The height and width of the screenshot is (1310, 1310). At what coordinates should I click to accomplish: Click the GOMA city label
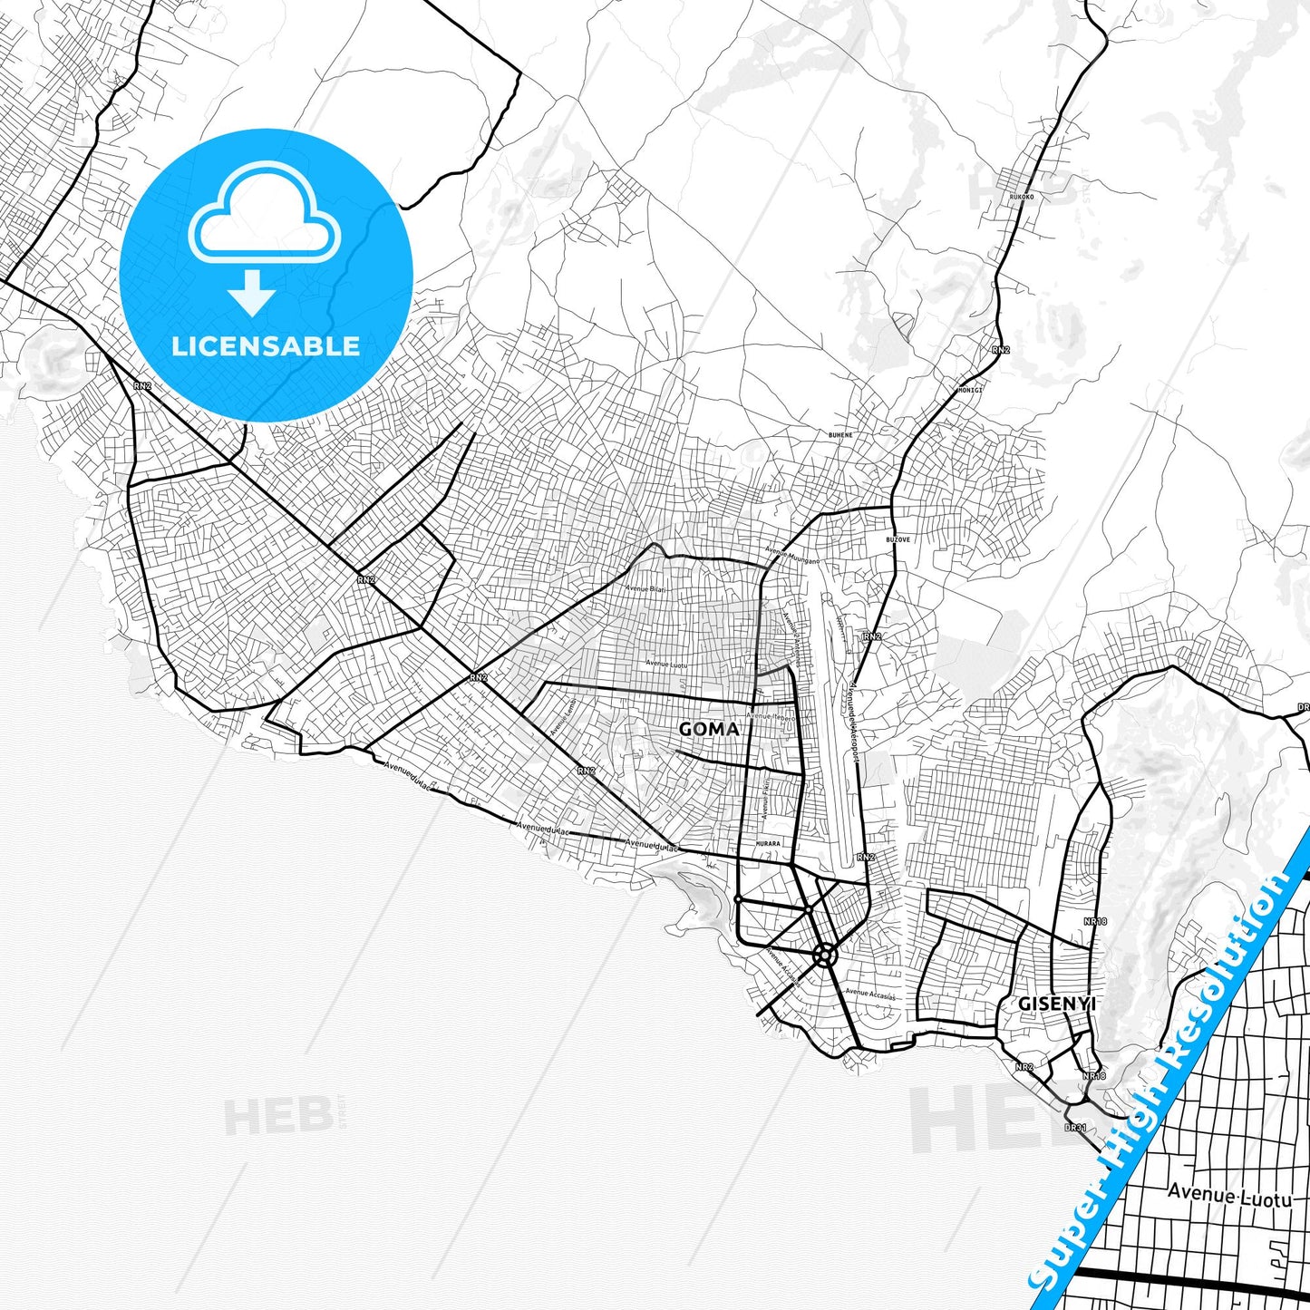(x=708, y=729)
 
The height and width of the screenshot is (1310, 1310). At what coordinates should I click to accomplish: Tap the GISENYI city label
(x=1056, y=1004)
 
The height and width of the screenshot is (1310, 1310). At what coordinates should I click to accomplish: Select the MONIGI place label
(x=969, y=391)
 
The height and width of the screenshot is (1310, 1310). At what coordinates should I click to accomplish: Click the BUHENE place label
(x=840, y=435)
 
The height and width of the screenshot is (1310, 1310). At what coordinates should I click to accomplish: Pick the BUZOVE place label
(x=898, y=539)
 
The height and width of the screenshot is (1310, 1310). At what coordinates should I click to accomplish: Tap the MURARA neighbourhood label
(x=767, y=844)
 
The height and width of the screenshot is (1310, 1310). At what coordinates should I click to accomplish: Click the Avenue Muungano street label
(x=791, y=555)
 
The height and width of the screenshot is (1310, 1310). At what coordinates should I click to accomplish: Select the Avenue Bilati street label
(x=645, y=588)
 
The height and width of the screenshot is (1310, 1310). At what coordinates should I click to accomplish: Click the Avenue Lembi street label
(x=563, y=716)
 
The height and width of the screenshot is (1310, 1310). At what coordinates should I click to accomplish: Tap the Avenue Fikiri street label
(x=765, y=797)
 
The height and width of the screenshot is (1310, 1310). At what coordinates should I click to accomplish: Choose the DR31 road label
(x=1075, y=1128)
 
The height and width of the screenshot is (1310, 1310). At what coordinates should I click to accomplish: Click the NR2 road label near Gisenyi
(x=1024, y=1067)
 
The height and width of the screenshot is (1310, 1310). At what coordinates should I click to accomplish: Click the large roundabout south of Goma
(x=824, y=954)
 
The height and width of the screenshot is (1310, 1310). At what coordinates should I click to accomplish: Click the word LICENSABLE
(x=266, y=345)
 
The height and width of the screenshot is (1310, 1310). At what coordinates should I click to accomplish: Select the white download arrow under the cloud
(x=252, y=292)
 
